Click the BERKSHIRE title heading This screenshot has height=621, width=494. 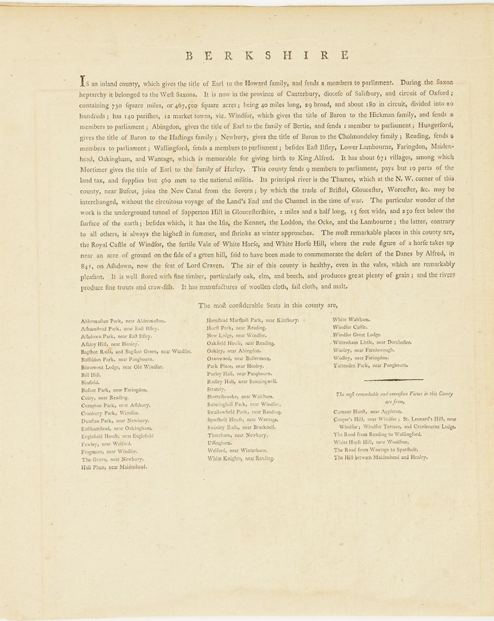tap(267, 55)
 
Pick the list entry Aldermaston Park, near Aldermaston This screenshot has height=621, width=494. tap(123, 321)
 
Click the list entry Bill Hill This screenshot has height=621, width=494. tap(91, 375)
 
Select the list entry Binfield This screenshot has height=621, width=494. tap(90, 382)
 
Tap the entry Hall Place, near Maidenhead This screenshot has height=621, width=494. tap(114, 466)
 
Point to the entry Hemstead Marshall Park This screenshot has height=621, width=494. tap(252, 320)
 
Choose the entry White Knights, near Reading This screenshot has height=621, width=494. tap(240, 458)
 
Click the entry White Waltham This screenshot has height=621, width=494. tap(352, 319)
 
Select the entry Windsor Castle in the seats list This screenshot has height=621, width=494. tap(350, 327)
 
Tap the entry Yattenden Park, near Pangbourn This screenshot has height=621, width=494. tap(370, 366)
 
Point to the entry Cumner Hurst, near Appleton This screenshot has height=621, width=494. tap(368, 411)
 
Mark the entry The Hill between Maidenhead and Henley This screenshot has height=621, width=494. tap(380, 457)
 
